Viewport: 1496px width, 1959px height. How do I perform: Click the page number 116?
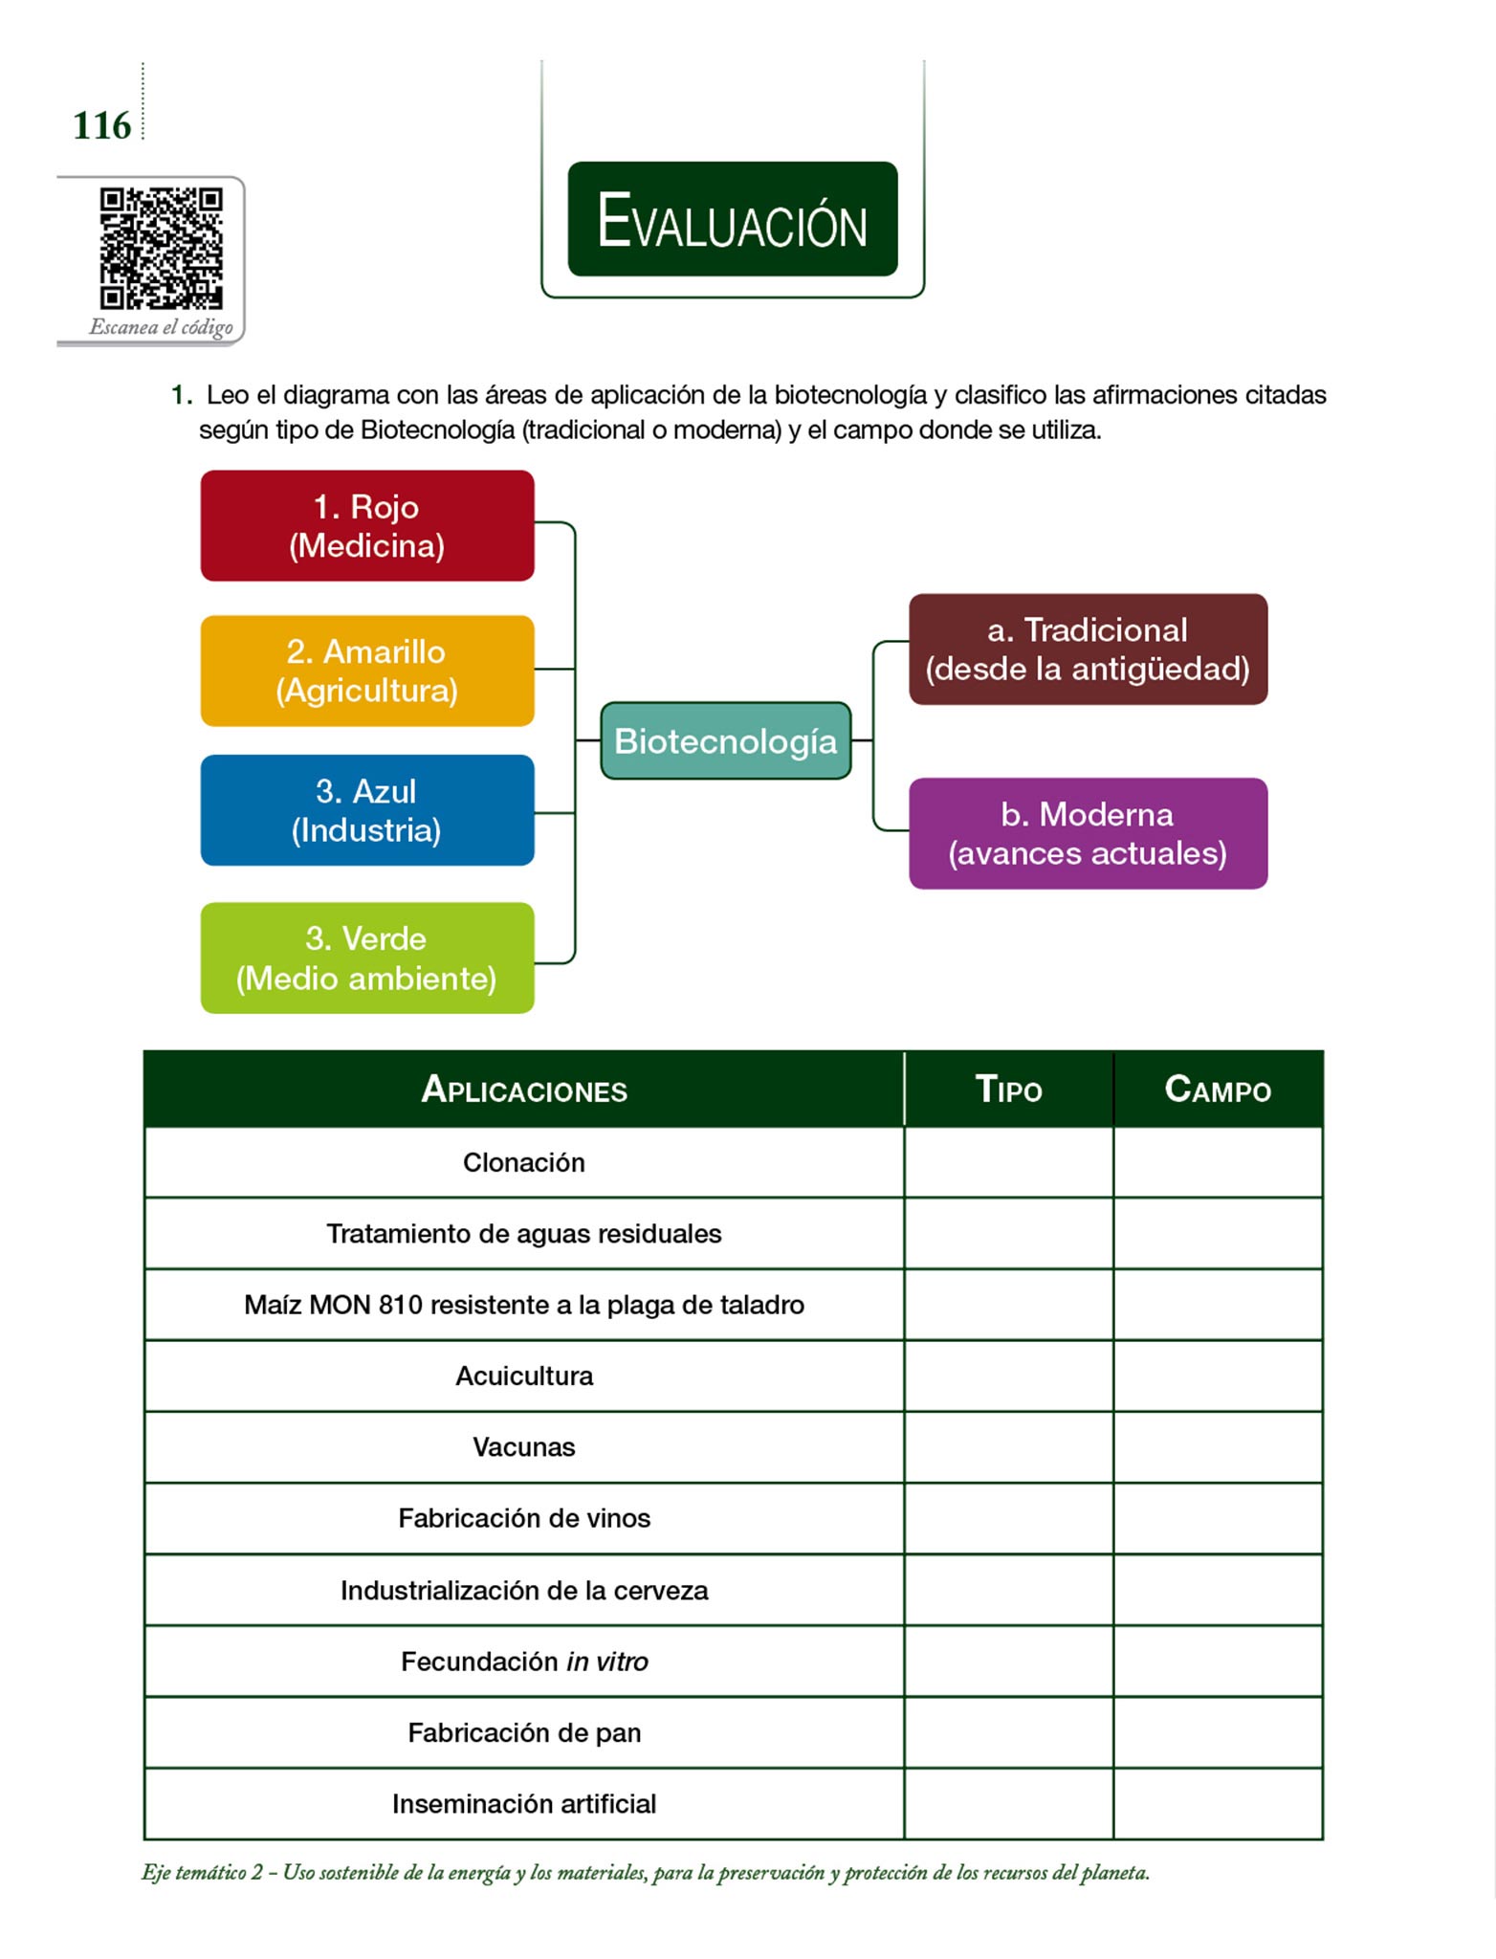(x=101, y=125)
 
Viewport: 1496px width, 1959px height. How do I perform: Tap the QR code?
(x=161, y=248)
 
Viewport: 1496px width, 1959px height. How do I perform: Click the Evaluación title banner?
(x=733, y=219)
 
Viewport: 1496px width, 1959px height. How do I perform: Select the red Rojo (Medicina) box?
(x=367, y=525)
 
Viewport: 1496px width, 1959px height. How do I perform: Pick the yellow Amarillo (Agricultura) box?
(x=367, y=671)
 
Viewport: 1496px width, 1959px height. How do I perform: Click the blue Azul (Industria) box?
(x=367, y=810)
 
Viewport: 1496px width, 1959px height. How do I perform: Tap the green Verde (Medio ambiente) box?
(x=367, y=957)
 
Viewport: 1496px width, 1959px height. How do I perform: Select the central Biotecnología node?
(x=726, y=740)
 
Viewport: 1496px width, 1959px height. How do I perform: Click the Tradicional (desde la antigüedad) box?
(x=1088, y=649)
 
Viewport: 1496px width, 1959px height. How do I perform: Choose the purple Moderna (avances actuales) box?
(x=1088, y=833)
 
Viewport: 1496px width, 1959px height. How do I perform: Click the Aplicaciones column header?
(x=524, y=1090)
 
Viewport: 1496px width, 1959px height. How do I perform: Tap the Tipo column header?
(x=1008, y=1090)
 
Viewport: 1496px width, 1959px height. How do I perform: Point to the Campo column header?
(x=1218, y=1090)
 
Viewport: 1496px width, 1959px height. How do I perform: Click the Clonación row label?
(x=524, y=1162)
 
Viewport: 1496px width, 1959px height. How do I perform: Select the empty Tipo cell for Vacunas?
(x=1008, y=1447)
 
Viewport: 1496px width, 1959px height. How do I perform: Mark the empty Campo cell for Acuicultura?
(x=1218, y=1376)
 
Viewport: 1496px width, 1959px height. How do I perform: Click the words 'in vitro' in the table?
(x=607, y=1662)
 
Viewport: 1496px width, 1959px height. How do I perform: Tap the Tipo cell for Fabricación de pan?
(x=1008, y=1732)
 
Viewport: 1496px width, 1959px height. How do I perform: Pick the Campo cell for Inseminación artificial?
(x=1218, y=1804)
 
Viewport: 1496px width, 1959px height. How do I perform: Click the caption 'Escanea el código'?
(x=161, y=327)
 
